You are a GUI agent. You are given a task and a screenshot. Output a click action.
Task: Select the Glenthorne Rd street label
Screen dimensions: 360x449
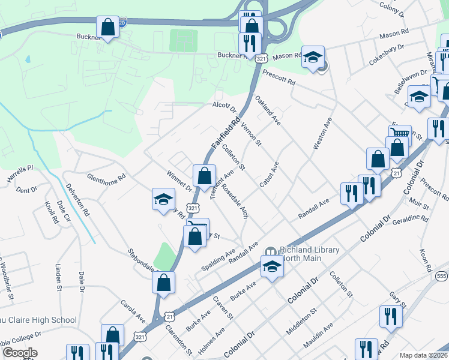[106, 177]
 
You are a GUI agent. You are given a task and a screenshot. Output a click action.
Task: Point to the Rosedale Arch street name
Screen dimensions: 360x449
[235, 201]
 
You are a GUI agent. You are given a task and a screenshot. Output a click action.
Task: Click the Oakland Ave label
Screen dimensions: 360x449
[268, 109]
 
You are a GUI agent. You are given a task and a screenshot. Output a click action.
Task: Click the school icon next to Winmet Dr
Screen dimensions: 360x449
[163, 200]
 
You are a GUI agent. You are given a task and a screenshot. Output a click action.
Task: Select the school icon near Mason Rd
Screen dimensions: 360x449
[312, 57]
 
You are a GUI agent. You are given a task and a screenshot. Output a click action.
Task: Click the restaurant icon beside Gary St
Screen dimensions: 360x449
[390, 316]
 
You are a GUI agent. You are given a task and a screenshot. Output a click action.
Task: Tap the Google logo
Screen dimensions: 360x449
[19, 353]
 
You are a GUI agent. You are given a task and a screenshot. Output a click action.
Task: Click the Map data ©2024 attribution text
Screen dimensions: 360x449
[423, 355]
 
